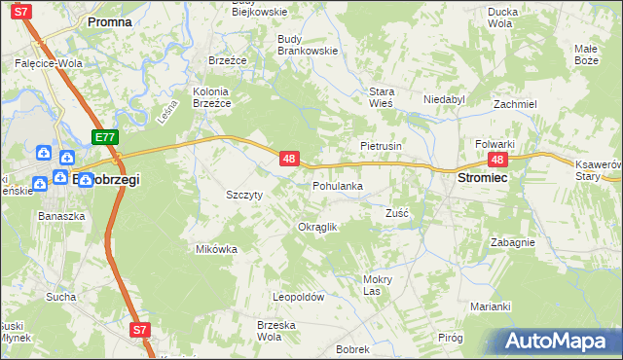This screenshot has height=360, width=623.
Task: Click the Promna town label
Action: [109, 20]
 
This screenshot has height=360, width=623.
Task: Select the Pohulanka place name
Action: [338, 185]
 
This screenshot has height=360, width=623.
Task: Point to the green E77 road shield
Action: [106, 138]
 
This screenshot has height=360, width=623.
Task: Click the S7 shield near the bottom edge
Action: [140, 330]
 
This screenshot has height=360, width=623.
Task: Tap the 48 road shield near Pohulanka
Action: [288, 157]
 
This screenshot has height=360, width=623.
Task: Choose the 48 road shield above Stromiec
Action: [498, 161]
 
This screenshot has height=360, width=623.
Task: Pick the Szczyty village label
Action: [243, 194]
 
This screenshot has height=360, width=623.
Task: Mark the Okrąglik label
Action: [316, 227]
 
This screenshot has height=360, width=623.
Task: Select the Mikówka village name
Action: [216, 249]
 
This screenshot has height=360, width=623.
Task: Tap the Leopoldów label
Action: [298, 298]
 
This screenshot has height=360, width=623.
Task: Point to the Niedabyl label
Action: [445, 99]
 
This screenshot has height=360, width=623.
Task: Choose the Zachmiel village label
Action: [515, 104]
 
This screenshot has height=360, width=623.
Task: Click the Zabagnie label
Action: [512, 243]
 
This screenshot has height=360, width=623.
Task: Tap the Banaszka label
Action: [55, 215]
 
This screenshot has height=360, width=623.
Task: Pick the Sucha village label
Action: [60, 296]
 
